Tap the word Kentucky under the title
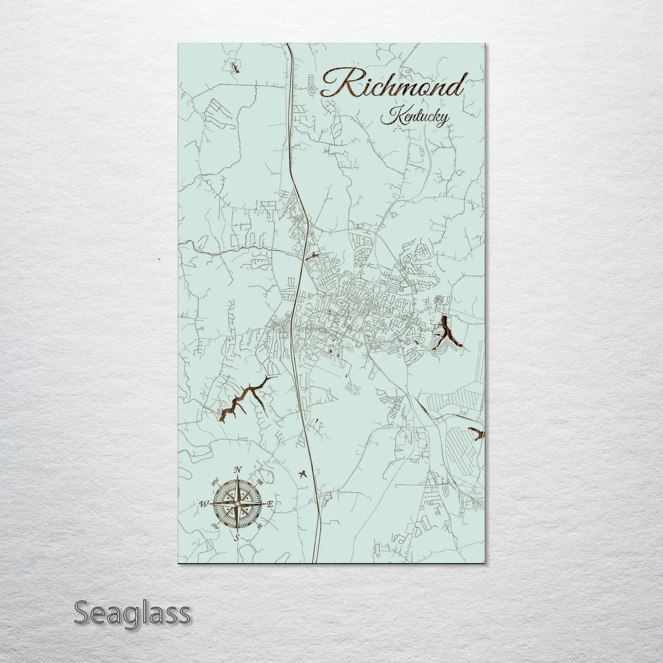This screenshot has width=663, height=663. click(x=415, y=117)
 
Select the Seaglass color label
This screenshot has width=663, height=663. click(x=132, y=613)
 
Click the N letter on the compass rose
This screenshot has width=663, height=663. click(x=238, y=470)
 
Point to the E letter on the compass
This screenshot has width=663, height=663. click(x=270, y=504)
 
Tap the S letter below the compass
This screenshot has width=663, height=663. click(x=237, y=538)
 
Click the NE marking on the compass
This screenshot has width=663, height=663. click(x=259, y=482)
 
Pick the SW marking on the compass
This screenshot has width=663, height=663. click(x=214, y=526)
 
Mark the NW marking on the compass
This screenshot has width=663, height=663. click(x=215, y=483)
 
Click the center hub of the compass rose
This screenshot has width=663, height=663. click(x=237, y=504)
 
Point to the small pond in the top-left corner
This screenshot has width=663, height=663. click(x=235, y=68)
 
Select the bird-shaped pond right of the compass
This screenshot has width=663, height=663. click(x=303, y=473)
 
